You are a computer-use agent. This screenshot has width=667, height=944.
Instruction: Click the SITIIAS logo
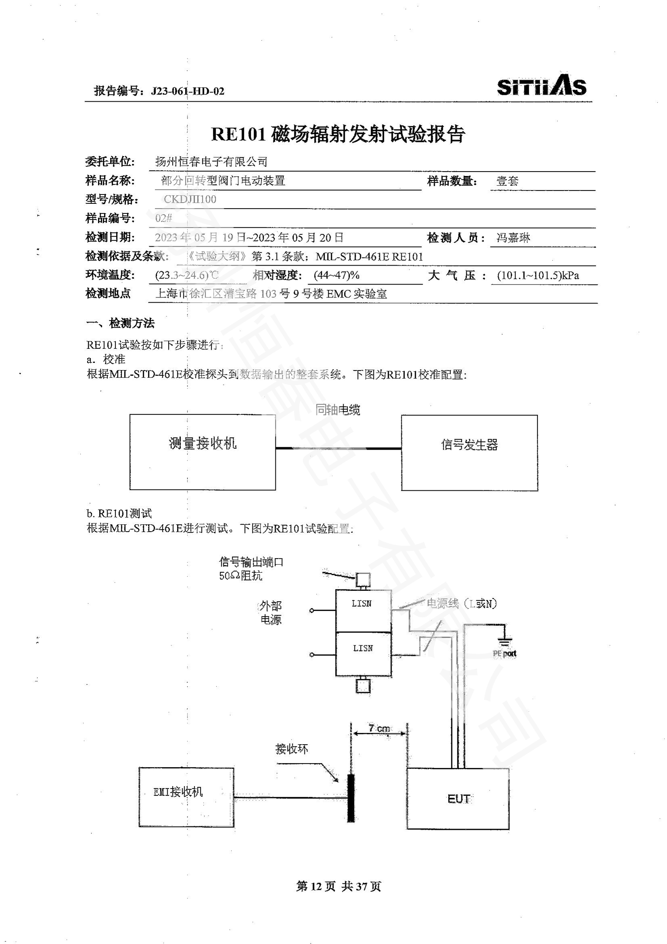(x=541, y=86)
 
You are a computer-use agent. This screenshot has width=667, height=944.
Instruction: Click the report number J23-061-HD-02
(x=188, y=91)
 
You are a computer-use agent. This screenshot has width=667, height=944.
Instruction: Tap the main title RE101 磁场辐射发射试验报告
(x=338, y=134)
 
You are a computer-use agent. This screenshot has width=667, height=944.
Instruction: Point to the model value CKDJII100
(x=190, y=199)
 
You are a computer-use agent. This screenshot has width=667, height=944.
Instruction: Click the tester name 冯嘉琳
(x=513, y=238)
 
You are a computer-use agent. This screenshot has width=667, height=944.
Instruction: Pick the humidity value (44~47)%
(x=336, y=275)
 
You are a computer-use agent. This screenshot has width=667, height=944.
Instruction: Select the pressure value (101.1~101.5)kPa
(x=538, y=275)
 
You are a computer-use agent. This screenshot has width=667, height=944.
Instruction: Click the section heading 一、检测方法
(x=120, y=323)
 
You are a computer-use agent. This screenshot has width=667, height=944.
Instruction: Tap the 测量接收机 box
(x=202, y=452)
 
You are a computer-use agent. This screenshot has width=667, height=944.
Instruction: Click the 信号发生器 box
(x=469, y=452)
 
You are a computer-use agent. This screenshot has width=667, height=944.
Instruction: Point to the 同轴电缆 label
(x=338, y=410)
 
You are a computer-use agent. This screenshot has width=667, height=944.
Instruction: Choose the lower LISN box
(x=363, y=654)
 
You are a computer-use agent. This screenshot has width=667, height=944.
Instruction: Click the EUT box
(x=458, y=798)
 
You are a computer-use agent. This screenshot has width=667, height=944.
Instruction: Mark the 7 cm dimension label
(x=379, y=728)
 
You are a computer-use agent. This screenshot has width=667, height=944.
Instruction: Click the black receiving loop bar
(x=351, y=798)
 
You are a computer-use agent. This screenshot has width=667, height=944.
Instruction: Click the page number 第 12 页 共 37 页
(x=338, y=886)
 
